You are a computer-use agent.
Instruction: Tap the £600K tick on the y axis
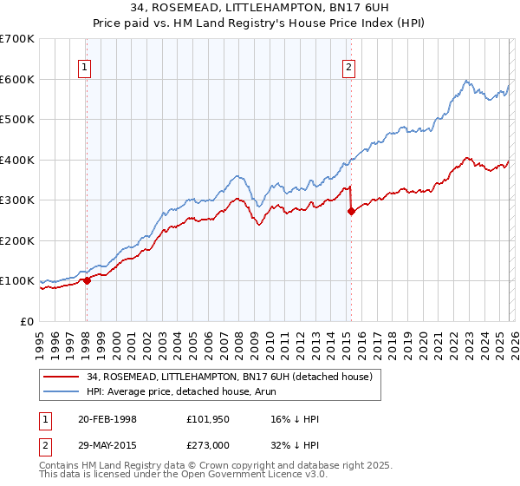(x=17, y=79)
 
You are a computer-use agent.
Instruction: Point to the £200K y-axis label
(x=17, y=240)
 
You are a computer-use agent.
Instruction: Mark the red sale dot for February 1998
(x=87, y=280)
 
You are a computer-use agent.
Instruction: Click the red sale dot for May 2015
(x=351, y=211)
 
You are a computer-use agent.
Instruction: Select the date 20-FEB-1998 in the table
(x=107, y=419)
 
